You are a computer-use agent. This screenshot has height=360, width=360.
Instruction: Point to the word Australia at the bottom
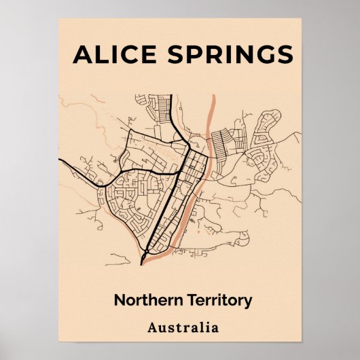(x=183, y=328)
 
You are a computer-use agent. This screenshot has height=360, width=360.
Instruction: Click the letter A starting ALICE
(x=83, y=54)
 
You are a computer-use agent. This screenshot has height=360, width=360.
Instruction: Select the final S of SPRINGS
(x=285, y=54)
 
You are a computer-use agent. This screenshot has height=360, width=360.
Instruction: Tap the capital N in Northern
(x=120, y=300)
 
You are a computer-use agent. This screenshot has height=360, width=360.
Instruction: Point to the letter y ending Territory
(x=248, y=302)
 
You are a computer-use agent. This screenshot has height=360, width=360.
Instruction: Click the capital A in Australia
(x=152, y=328)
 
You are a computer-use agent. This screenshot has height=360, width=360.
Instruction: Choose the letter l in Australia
(x=198, y=328)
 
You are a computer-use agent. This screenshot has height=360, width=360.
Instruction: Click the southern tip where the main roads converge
(x=142, y=263)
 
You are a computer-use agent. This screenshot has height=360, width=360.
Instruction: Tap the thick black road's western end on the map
(x=60, y=160)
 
